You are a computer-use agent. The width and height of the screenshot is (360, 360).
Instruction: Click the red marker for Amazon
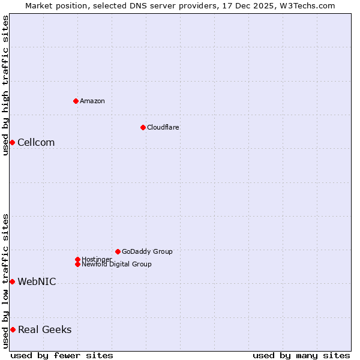[76, 101]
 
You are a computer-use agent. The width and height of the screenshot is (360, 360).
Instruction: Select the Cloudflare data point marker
[143, 127]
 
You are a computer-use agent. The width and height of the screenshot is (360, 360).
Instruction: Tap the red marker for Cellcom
[12, 142]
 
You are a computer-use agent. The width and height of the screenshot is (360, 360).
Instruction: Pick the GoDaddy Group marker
[118, 251]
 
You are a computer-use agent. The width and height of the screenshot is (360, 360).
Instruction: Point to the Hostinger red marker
[77, 259]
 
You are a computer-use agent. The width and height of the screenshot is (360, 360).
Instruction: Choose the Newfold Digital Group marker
[77, 264]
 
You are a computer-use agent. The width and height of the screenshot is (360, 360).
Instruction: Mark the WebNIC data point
[12, 281]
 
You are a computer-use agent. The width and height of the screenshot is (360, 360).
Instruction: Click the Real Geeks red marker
[13, 329]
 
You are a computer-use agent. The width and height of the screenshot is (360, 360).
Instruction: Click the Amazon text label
[92, 101]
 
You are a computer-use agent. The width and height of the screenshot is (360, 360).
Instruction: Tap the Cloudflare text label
[163, 127]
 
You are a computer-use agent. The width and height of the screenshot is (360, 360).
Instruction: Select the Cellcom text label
[36, 142]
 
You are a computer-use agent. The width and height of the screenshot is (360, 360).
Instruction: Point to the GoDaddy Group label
[147, 251]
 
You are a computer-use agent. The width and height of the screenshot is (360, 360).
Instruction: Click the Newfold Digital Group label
[117, 264]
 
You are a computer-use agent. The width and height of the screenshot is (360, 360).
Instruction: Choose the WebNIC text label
[37, 281]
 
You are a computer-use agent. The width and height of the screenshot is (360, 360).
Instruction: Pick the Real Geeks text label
[44, 329]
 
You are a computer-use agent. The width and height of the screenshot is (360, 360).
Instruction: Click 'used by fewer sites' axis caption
[62, 355]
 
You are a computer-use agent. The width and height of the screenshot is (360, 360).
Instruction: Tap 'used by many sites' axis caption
[301, 355]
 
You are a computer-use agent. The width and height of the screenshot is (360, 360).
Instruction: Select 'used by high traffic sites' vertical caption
[6, 85]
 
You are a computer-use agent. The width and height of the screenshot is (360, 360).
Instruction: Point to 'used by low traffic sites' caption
[6, 281]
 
